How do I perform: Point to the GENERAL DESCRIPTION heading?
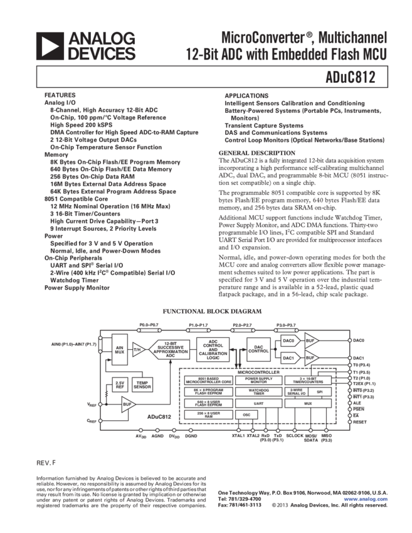256,153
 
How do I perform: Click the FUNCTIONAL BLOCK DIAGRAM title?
207,312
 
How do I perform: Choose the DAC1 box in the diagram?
288,358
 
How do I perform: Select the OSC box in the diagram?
243,415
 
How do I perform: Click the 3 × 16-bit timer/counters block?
308,380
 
